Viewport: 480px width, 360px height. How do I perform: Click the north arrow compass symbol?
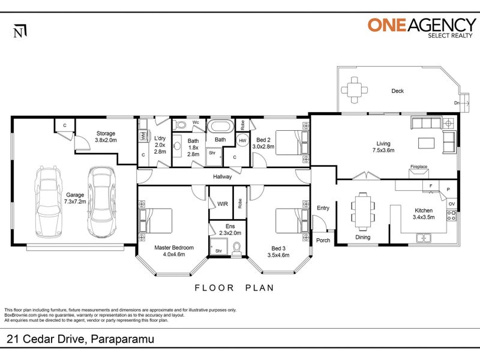[x=20, y=32]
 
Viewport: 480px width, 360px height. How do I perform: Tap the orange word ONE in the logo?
[x=387, y=25]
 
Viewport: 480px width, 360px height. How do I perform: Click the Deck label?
[x=397, y=91]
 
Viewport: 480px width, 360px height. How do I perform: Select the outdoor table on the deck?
[x=354, y=90]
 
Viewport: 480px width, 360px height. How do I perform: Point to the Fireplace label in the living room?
[x=419, y=167]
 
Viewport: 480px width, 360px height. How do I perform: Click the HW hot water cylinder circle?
[x=242, y=140]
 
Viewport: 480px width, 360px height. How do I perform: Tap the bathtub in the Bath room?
[x=220, y=127]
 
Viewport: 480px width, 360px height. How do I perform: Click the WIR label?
[x=223, y=204]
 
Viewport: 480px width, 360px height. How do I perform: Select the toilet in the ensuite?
[x=237, y=249]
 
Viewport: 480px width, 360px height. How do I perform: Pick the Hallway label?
[x=223, y=176]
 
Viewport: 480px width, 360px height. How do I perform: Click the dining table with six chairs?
[x=363, y=211]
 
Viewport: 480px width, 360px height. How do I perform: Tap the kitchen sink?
[x=424, y=238]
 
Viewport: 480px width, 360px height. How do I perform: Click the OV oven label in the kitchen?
[x=452, y=204]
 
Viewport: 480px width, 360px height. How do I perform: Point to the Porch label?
[x=323, y=241]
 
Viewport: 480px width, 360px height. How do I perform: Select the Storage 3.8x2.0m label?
[x=106, y=137]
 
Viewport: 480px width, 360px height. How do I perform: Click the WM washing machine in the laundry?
[x=143, y=136]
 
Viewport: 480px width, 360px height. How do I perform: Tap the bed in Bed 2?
[x=292, y=143]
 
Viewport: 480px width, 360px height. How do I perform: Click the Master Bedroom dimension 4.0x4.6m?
[x=174, y=254]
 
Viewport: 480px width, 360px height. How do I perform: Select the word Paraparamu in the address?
[x=122, y=339]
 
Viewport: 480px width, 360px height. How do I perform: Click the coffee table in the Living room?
[x=427, y=143]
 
